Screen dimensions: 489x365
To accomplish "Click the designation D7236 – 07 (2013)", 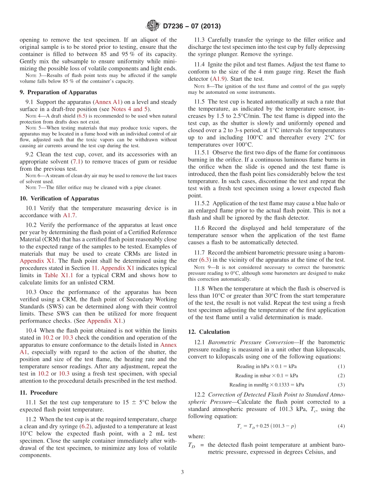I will [x=191, y=27].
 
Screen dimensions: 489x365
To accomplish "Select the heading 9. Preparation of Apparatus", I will [x=58, y=92].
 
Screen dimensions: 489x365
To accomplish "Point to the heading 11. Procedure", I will [x=38, y=393].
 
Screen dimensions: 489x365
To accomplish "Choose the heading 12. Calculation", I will [x=209, y=332].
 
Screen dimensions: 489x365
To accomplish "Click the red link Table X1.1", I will [x=56, y=275].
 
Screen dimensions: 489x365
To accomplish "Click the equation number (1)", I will [x=341, y=366].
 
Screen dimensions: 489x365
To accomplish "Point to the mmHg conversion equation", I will [x=267, y=385].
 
